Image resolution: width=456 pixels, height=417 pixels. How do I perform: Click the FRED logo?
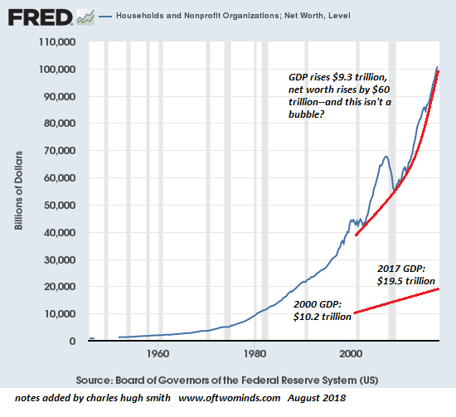40,17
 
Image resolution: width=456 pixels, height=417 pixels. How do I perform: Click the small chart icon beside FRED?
85,17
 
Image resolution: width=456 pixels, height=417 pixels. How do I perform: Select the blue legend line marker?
105,17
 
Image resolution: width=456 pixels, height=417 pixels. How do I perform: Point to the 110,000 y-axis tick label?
57,42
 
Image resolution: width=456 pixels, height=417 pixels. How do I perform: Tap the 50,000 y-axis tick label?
60,206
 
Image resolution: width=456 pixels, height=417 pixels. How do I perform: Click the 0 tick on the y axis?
72,341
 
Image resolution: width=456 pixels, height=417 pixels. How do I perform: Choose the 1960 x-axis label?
158,354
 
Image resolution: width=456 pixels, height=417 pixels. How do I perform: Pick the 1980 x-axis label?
255,354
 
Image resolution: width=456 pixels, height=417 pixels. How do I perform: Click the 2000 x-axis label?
351,354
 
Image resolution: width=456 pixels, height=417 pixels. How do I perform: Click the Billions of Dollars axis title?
18,191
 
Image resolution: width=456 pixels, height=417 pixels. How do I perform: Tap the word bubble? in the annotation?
306,114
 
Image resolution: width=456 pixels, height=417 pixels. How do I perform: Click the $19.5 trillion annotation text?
406,281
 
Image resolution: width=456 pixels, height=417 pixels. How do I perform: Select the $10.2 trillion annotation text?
323,317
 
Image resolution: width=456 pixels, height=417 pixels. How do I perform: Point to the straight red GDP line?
396,301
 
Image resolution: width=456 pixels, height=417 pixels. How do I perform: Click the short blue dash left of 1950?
91,338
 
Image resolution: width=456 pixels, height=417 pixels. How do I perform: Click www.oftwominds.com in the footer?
229,398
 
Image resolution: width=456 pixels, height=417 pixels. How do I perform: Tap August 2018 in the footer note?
317,398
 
